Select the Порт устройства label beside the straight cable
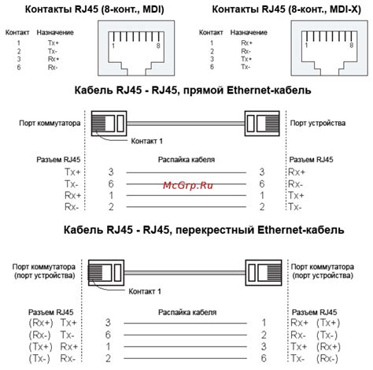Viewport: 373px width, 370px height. coord(315,123)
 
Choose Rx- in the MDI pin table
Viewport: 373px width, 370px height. coord(52,67)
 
